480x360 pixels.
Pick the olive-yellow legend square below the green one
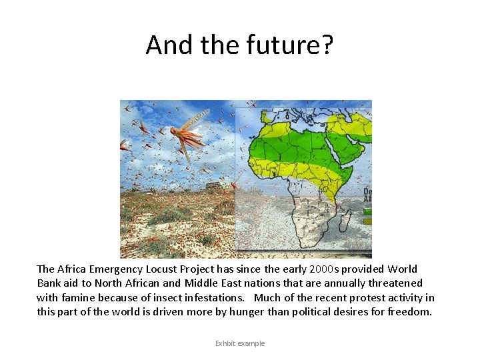click(367, 220)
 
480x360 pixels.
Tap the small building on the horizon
click(214, 186)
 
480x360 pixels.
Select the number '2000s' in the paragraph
click(325, 269)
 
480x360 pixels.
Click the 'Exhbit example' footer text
click(240, 343)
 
